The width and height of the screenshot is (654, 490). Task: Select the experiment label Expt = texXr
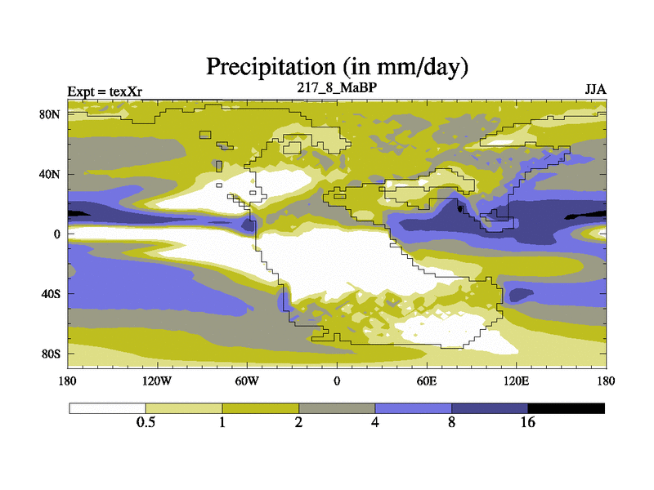pyautogui.click(x=105, y=91)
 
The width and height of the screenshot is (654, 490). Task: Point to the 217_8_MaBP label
pyautogui.click(x=336, y=87)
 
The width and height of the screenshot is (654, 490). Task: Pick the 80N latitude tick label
pyautogui.click(x=51, y=114)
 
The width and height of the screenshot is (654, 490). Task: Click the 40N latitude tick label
pyautogui.click(x=51, y=174)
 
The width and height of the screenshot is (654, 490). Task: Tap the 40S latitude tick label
pyautogui.click(x=51, y=294)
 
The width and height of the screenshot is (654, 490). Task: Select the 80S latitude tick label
pyautogui.click(x=51, y=354)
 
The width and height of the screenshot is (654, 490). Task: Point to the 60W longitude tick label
pyautogui.click(x=246, y=381)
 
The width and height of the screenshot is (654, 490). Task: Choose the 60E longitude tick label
pyautogui.click(x=427, y=381)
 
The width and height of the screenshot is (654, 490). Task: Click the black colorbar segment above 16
pyautogui.click(x=566, y=408)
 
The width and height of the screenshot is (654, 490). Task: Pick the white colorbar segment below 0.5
pyautogui.click(x=107, y=408)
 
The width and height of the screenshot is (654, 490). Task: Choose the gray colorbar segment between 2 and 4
pyautogui.click(x=337, y=408)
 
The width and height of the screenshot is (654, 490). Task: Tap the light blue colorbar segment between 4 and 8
pyautogui.click(x=413, y=408)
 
